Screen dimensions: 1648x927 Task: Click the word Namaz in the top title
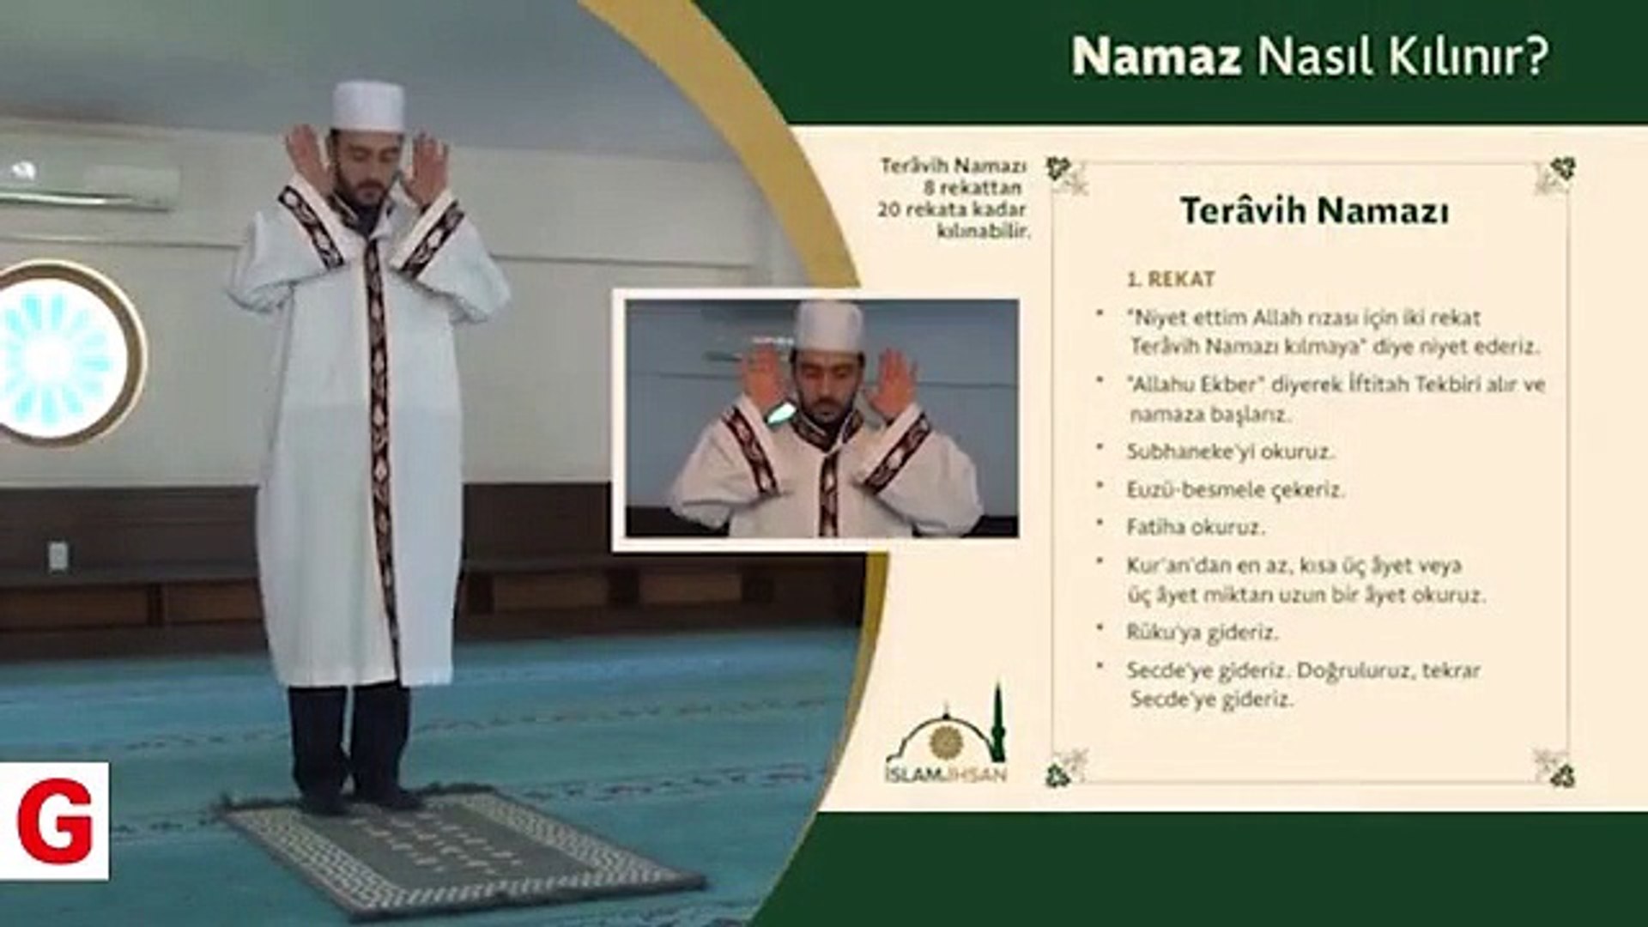tap(1156, 57)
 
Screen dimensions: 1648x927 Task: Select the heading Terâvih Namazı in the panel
tap(1314, 211)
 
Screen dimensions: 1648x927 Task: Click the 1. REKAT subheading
tap(1171, 279)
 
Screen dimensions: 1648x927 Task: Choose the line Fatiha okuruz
tap(1196, 526)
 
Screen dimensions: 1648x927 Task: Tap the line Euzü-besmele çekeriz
tap(1235, 489)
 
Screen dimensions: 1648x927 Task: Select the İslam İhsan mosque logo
tap(946, 736)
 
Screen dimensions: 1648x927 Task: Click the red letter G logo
tap(54, 821)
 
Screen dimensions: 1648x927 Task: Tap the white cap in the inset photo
tap(827, 326)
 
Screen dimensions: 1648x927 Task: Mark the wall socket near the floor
tap(58, 557)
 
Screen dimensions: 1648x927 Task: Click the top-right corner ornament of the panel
tap(1555, 175)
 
